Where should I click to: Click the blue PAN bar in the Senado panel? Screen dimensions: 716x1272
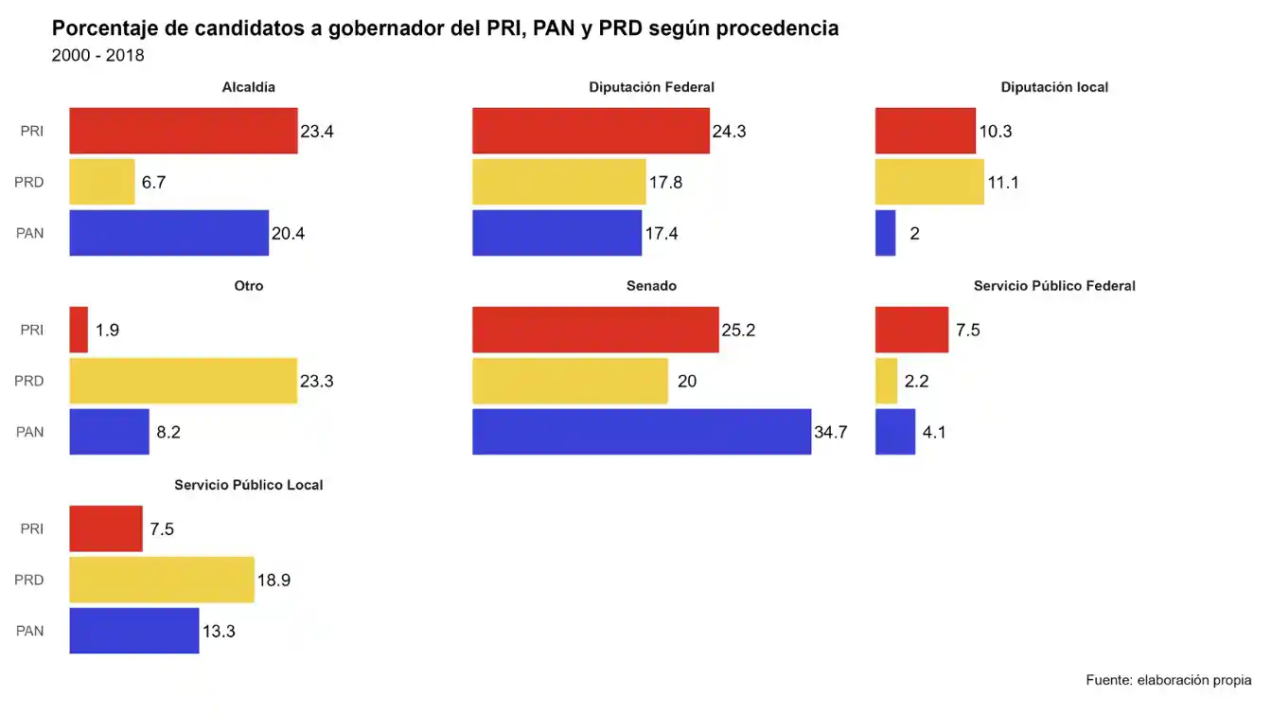click(642, 432)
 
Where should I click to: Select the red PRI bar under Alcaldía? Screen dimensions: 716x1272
click(184, 131)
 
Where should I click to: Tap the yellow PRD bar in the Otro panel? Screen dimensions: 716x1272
click(184, 381)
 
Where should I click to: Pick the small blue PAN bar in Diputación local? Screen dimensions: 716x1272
click(885, 233)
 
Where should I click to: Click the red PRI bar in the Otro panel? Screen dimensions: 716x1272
click(79, 330)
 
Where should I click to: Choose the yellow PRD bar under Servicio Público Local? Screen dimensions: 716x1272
click(162, 580)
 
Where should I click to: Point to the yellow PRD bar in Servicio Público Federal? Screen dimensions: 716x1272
click(886, 381)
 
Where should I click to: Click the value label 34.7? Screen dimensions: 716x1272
click(830, 433)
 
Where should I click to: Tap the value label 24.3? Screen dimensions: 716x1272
click(729, 132)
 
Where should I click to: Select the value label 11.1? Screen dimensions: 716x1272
click(1003, 183)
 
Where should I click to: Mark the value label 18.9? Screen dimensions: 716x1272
click(274, 581)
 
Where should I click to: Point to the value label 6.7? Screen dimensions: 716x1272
click(153, 183)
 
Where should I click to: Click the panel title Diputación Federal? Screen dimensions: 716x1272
click(651, 87)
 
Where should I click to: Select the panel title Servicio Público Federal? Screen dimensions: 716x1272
click(1054, 286)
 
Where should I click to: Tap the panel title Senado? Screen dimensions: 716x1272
click(651, 286)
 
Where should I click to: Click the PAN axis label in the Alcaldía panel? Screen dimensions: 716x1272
click(30, 233)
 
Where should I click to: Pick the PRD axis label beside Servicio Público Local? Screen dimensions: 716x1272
click(29, 580)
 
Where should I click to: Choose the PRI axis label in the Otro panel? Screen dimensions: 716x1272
click(32, 330)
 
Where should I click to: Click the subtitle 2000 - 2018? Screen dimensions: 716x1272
click(98, 56)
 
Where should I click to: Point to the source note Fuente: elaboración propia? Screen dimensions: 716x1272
click(1168, 680)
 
